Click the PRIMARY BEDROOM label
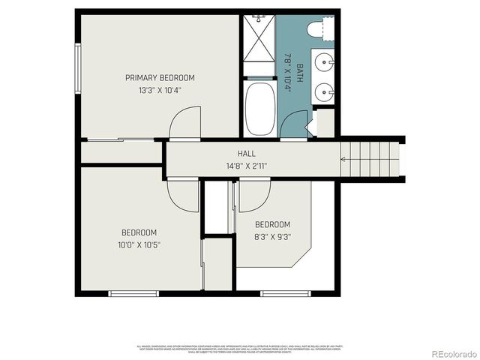[x=160, y=77]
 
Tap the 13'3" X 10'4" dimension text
[x=160, y=89]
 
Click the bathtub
[x=259, y=109]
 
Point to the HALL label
[x=247, y=154]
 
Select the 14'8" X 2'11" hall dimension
[x=247, y=166]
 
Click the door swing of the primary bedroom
[x=184, y=122]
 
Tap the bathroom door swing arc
[x=294, y=124]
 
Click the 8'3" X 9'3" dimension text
[x=272, y=236]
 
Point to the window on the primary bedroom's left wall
[x=77, y=67]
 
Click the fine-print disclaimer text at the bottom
[x=240, y=348]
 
